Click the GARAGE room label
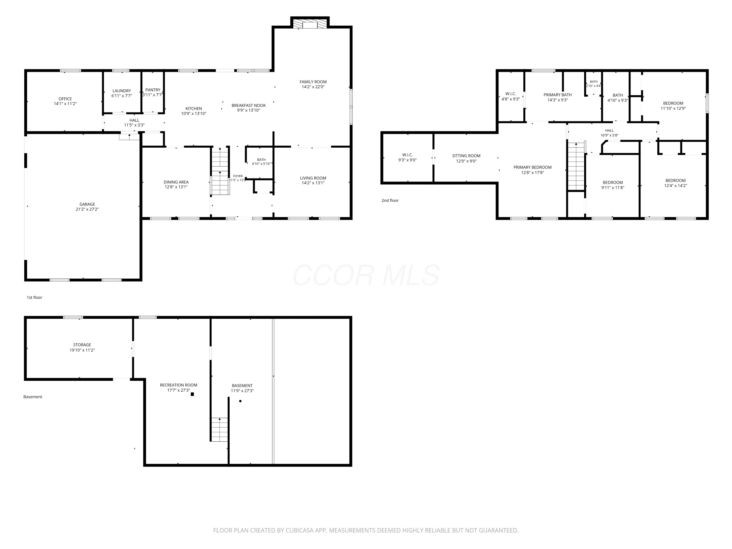87,204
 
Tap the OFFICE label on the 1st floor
65,99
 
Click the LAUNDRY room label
122,91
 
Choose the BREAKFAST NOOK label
249,105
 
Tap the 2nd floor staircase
576,166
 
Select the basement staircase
219,429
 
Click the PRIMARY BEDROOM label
532,167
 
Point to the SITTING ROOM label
466,155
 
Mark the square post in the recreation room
192,394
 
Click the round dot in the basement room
240,401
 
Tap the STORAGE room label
82,345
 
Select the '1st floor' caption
34,297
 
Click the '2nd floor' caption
390,200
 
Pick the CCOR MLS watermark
366,275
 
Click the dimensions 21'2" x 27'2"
87,209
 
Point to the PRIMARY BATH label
558,95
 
